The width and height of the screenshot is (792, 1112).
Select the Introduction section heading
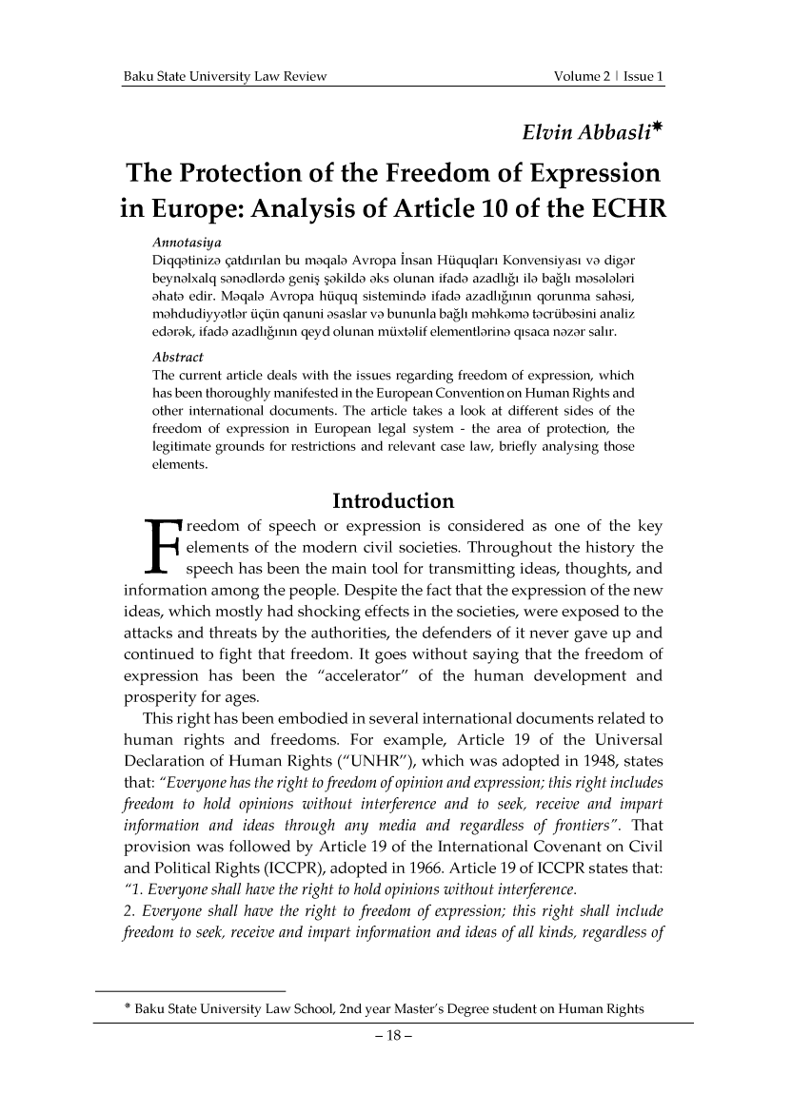coord(393,500)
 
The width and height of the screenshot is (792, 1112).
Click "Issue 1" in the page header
coord(642,76)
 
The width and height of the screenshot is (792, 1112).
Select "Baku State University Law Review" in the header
coord(220,76)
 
